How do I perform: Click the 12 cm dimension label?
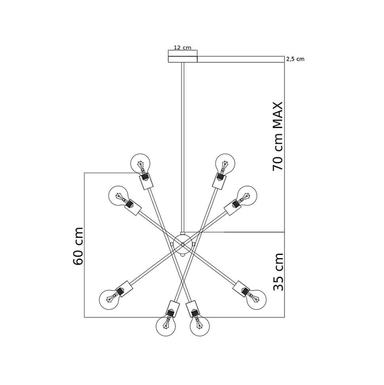click(x=182, y=48)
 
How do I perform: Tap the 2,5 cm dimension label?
click(x=295, y=59)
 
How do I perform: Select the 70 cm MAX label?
click(x=278, y=136)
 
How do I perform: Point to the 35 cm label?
click(x=278, y=272)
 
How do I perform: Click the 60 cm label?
click(x=78, y=246)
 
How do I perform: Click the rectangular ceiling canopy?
click(x=182, y=59)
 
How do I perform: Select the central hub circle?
click(x=182, y=244)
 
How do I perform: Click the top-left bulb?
click(x=140, y=163)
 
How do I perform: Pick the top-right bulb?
click(x=225, y=163)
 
